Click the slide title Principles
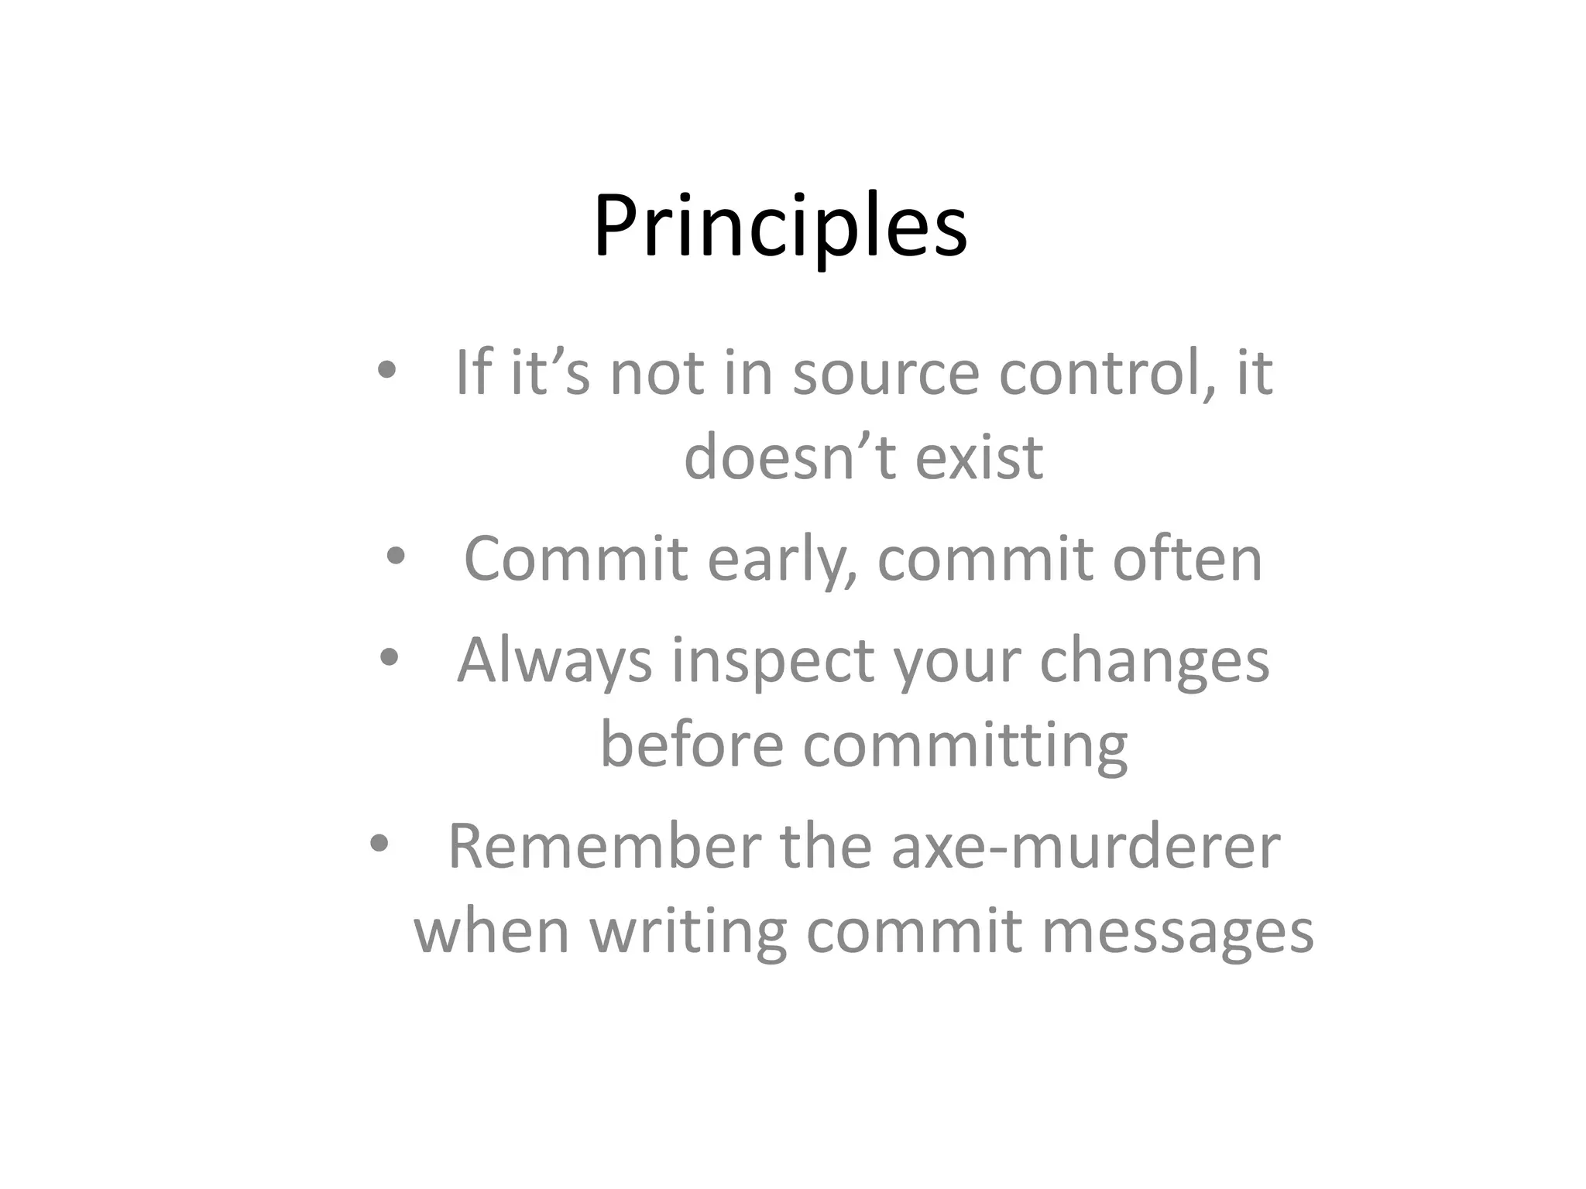[780, 227]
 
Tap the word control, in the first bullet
[1108, 373]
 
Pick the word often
[1187, 558]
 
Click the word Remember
[605, 847]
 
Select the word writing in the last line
[688, 932]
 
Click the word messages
[1178, 932]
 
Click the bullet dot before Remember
[379, 844]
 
